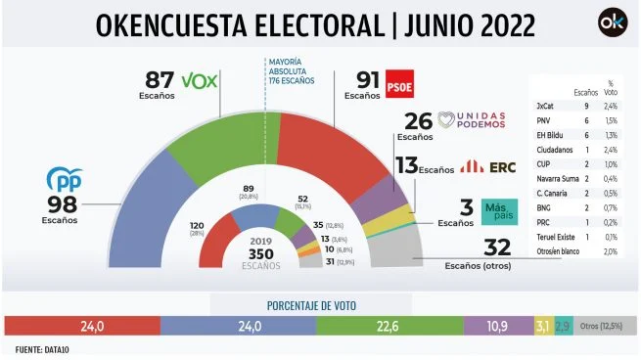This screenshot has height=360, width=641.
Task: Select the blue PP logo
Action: [x=65, y=179]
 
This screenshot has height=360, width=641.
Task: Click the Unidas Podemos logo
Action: [x=473, y=121]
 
